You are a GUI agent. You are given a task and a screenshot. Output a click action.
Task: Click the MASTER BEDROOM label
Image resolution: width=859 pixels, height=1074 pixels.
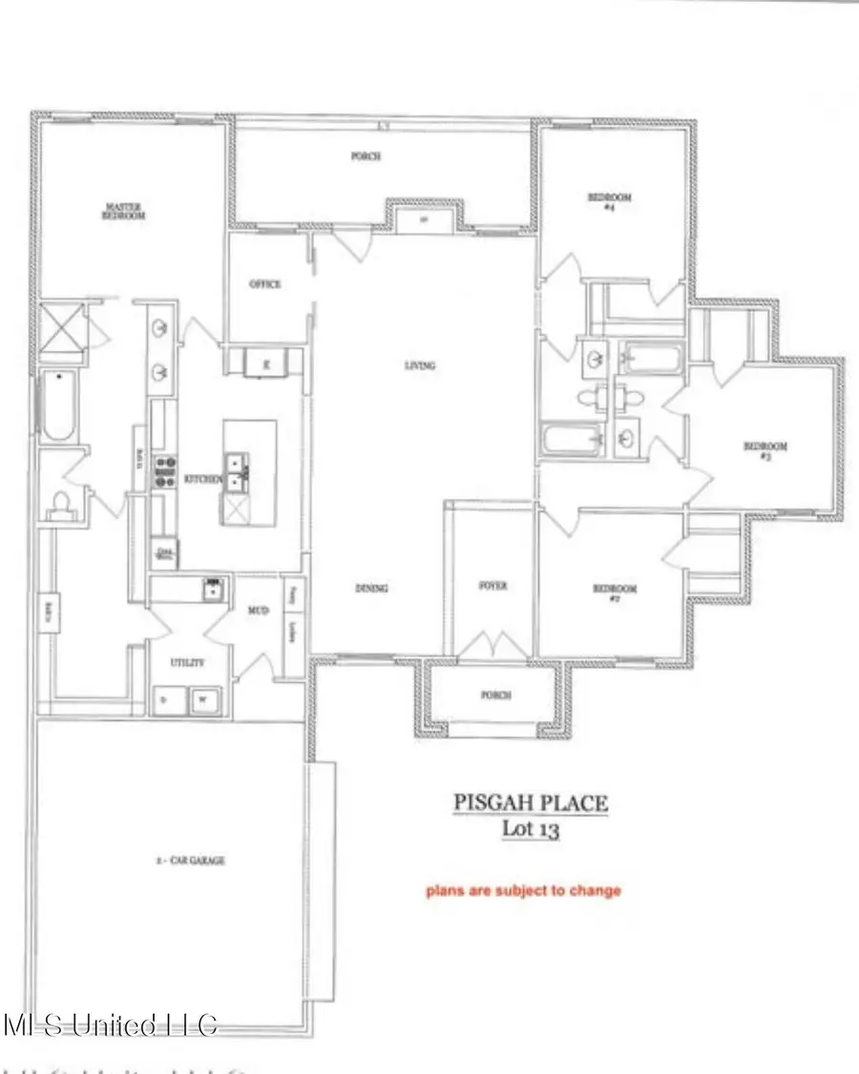point(124,211)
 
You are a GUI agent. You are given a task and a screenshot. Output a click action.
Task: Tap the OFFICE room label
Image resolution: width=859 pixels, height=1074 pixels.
point(264,284)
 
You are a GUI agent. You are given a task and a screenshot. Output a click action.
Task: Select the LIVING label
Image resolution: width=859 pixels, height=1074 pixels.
point(420,365)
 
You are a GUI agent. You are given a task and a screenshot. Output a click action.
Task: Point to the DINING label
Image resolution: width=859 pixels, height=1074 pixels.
point(371,589)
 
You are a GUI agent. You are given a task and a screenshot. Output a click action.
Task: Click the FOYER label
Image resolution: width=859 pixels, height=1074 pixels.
point(492,586)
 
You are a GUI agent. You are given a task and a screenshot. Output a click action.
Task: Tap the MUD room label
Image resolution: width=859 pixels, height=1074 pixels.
point(258,610)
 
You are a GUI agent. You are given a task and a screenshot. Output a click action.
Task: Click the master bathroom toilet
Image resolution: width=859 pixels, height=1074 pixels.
point(59,502)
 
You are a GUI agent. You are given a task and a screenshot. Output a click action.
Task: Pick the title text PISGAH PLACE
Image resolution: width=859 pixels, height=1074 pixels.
point(530,803)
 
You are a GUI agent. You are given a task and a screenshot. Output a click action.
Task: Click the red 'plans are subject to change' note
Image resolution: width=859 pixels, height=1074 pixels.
point(523,891)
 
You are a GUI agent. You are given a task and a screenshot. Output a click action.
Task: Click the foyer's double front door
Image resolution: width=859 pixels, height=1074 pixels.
point(492,646)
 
